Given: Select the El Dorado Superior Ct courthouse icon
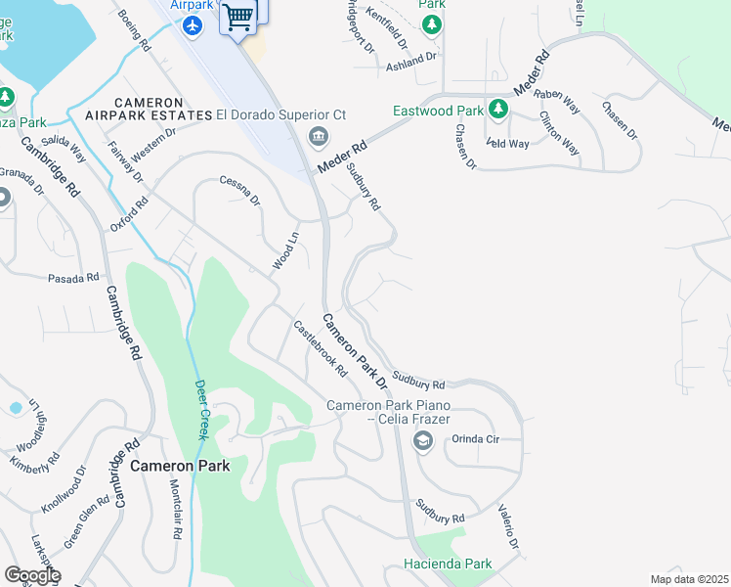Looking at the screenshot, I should tap(318, 136).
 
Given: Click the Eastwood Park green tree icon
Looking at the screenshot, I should tap(498, 109).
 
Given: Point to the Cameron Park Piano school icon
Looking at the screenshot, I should tap(422, 441).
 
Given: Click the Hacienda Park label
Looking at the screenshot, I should tap(449, 564).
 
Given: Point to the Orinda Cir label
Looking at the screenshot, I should tap(475, 439).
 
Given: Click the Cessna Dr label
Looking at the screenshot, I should tap(240, 191).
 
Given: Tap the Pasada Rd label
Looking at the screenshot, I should tap(74, 278).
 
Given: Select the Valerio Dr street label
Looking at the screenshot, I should tap(508, 527).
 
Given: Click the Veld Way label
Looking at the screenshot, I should tap(507, 144).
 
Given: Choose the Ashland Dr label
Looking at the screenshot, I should tap(411, 60).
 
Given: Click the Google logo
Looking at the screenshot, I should tap(32, 575).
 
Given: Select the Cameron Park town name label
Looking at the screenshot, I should tap(181, 466).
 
